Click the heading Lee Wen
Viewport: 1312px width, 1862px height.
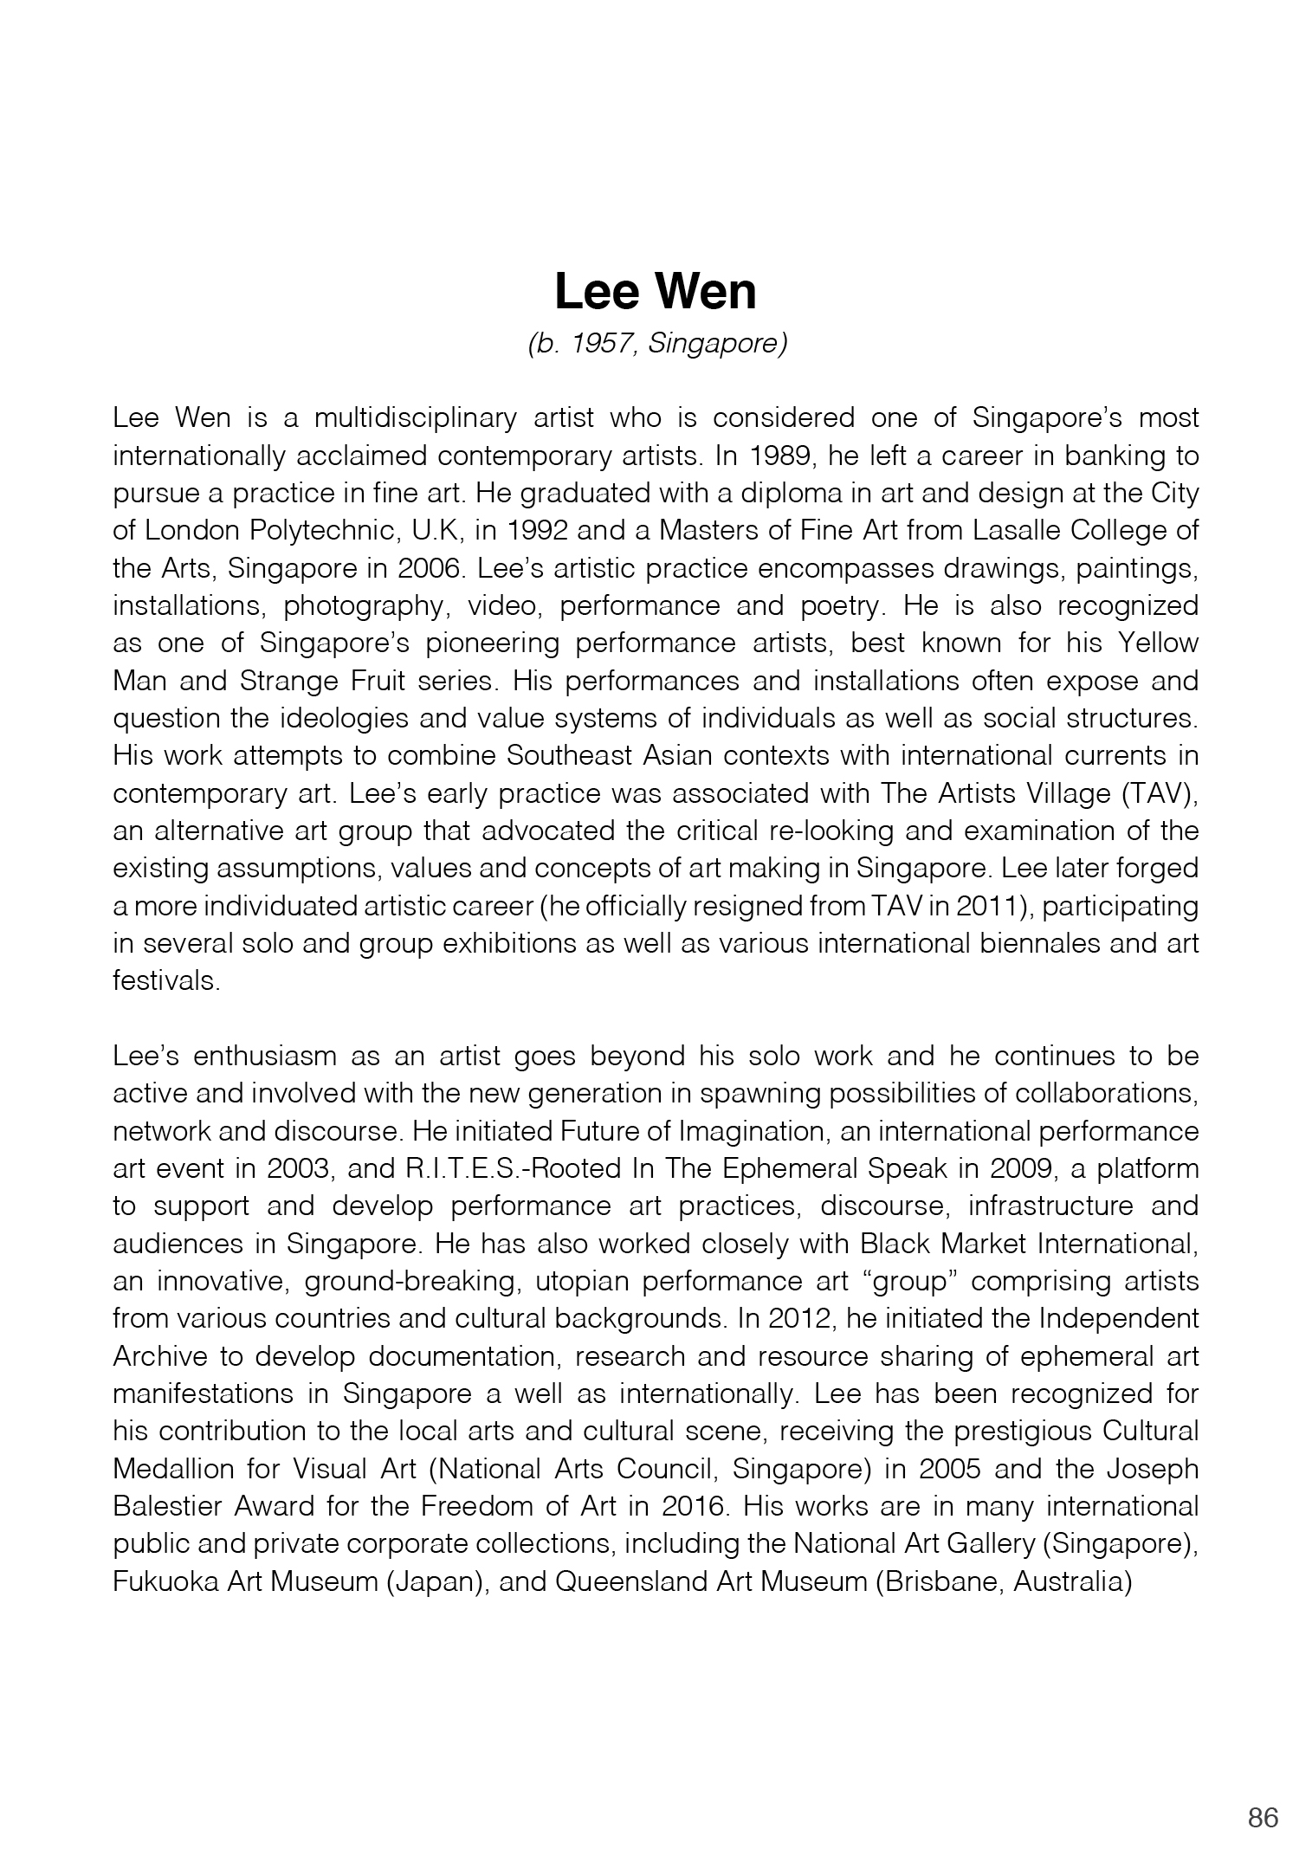coord(655,292)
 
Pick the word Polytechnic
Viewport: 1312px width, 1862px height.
coord(372,530)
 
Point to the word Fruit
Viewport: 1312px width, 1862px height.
coord(373,681)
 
